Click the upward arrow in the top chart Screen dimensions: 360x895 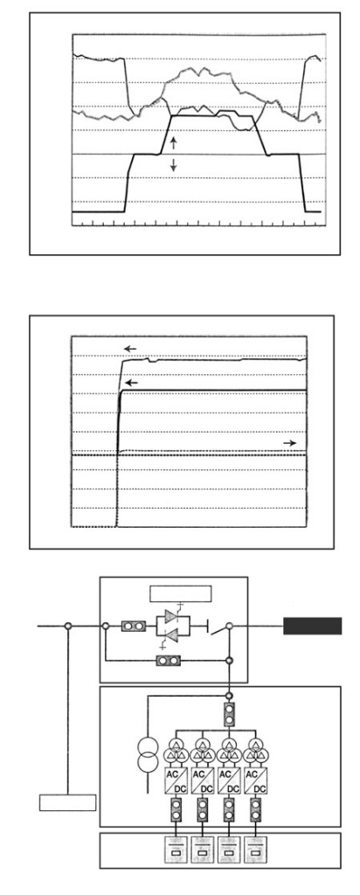[174, 142]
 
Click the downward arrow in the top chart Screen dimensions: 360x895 [174, 165]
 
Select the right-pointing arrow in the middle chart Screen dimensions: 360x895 [290, 443]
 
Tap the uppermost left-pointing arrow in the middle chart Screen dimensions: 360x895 [131, 348]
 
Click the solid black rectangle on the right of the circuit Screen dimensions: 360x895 [313, 626]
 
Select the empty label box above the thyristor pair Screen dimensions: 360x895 [180, 593]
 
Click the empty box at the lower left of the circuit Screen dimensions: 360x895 [67, 802]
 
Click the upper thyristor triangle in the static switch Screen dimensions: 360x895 [172, 616]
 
